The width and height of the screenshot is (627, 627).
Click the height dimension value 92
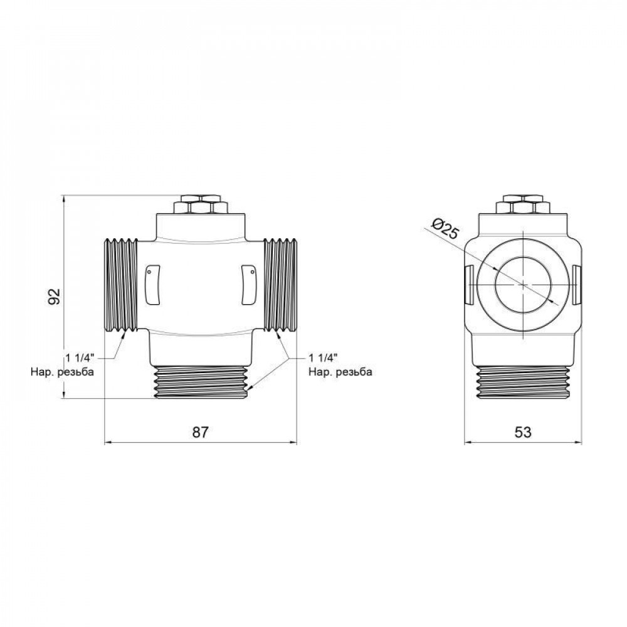[x=55, y=296]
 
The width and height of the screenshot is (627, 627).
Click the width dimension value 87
[x=199, y=432]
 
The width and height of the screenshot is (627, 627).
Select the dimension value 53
[x=523, y=432]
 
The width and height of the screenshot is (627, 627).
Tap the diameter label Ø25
[x=446, y=231]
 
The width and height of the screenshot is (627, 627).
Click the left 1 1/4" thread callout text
[x=79, y=358]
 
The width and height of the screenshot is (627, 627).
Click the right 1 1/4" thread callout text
[x=324, y=358]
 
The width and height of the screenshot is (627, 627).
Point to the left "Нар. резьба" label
[x=62, y=372]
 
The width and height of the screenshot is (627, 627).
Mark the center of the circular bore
[x=523, y=284]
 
